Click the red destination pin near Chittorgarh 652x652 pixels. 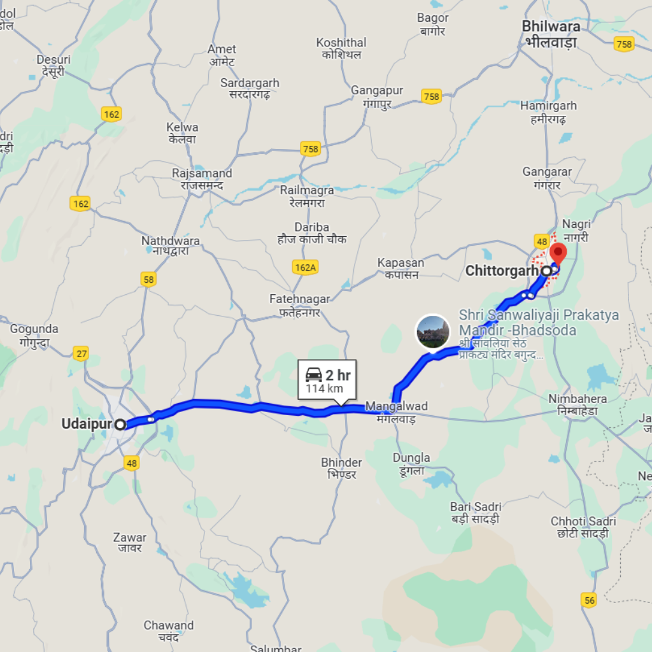click(x=558, y=253)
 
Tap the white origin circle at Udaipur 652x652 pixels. click(x=120, y=424)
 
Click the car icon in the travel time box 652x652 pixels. click(x=314, y=374)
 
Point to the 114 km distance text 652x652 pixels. click(x=324, y=388)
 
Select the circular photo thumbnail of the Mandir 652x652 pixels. click(x=433, y=331)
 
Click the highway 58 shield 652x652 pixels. click(x=148, y=280)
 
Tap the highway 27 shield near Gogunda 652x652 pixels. click(x=81, y=354)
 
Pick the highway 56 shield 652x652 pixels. click(x=590, y=600)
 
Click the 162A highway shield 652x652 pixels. click(x=306, y=267)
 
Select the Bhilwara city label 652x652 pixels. click(x=551, y=27)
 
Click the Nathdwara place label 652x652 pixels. click(x=170, y=241)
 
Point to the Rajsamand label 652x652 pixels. click(x=202, y=173)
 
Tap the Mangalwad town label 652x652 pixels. click(x=396, y=406)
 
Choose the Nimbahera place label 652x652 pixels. click(x=578, y=399)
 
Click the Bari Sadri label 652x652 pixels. click(x=476, y=507)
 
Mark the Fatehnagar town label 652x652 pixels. click(x=299, y=299)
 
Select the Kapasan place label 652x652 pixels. click(x=400, y=262)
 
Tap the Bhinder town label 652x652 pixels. click(x=341, y=462)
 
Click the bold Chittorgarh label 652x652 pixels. click(x=502, y=271)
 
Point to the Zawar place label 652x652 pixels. click(x=129, y=537)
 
